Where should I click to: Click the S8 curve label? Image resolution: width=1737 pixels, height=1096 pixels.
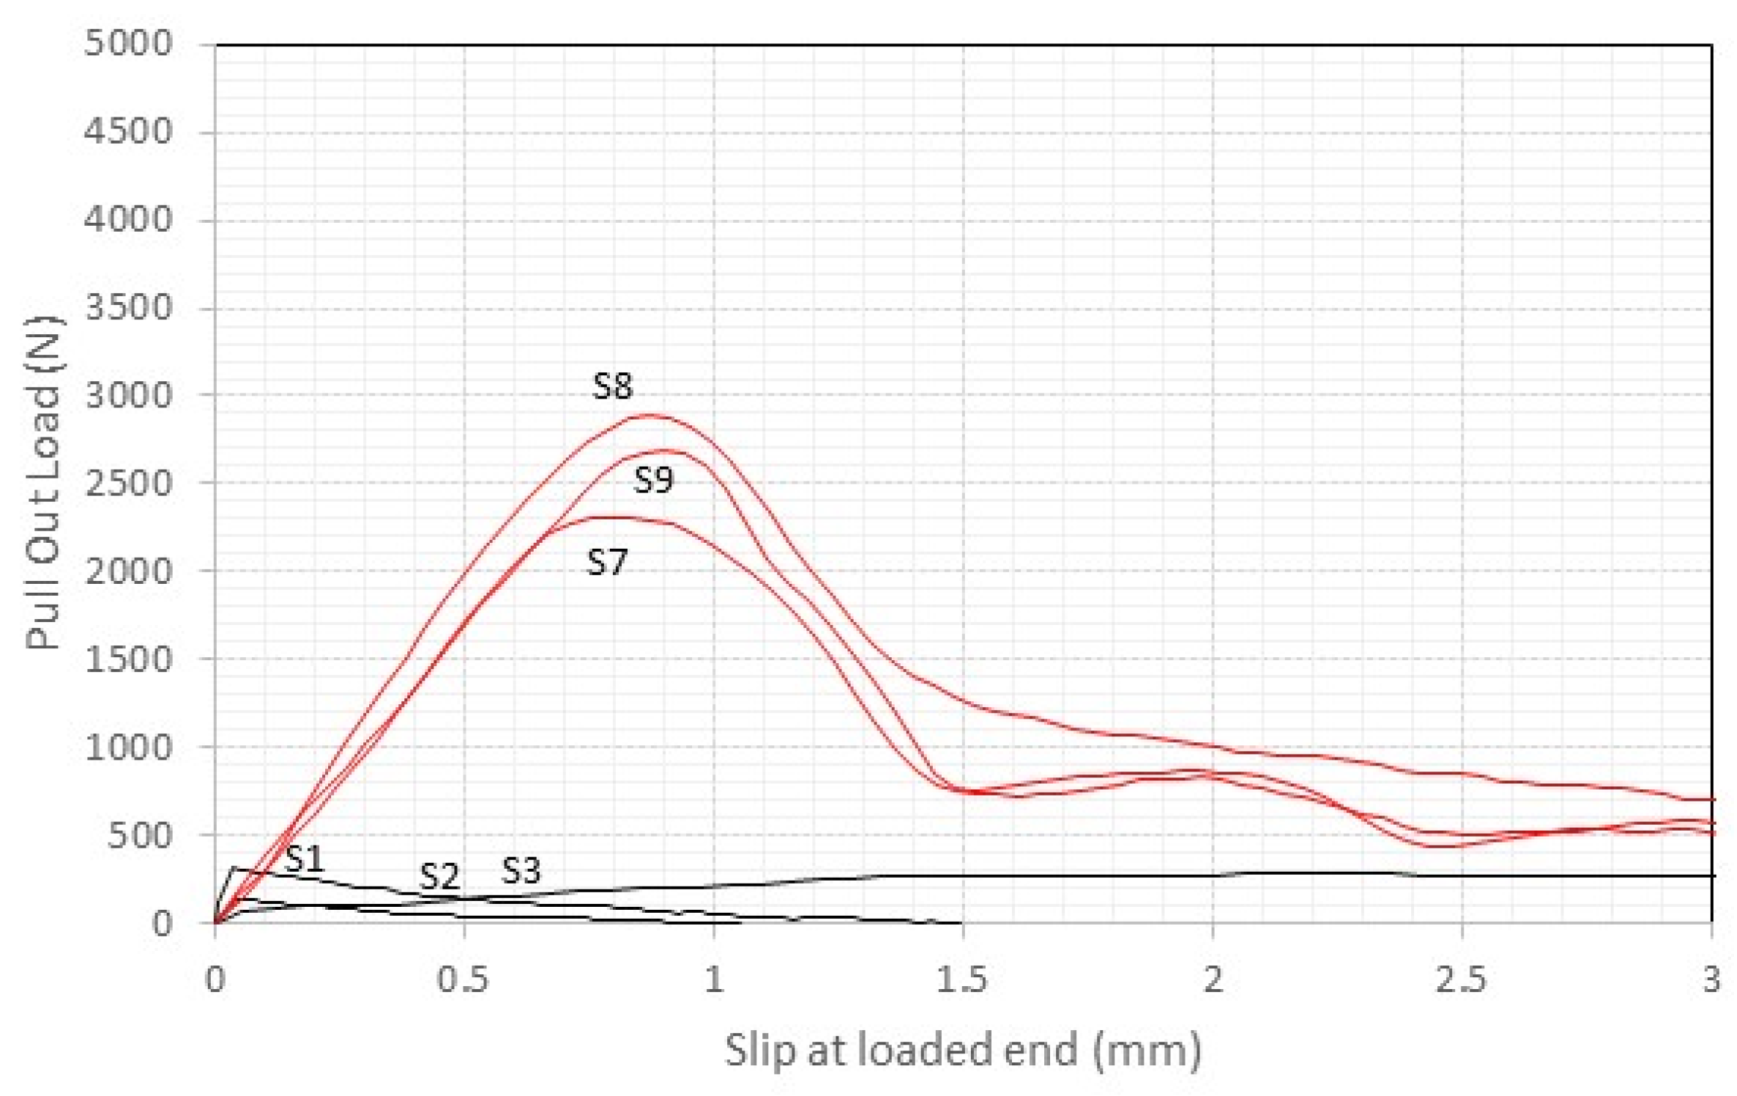612,386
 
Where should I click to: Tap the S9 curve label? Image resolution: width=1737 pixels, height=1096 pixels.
653,479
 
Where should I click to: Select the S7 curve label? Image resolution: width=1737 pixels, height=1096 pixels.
607,561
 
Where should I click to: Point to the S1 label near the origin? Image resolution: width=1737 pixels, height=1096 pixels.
304,859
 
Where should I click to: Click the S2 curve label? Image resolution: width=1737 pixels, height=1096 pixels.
439,875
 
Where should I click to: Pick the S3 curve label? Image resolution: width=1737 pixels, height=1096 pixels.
520,870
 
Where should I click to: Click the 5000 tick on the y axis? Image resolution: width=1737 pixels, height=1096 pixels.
128,43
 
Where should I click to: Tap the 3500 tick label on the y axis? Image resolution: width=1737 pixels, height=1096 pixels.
128,307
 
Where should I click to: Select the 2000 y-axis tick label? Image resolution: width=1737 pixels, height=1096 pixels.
128,571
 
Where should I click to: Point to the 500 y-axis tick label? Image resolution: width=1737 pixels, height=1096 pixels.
139,835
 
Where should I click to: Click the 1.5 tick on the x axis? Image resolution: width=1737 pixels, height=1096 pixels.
962,979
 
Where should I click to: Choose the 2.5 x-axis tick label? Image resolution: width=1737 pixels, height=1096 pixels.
1460,979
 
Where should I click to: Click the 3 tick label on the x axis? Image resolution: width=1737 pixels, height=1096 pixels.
1712,979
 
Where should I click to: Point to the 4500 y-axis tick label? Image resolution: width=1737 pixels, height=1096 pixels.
128,132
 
